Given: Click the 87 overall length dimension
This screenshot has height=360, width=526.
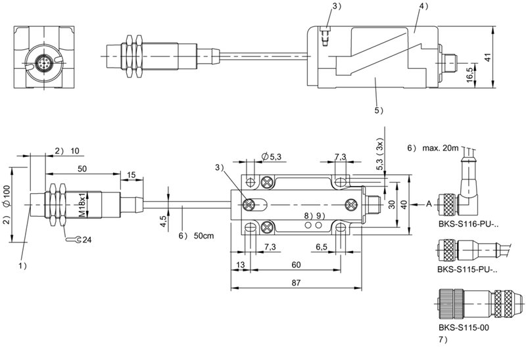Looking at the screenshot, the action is click(296, 282).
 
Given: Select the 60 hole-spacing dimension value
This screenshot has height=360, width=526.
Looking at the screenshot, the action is click(296, 265).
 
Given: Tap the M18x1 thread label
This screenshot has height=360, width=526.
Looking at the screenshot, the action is click(82, 204).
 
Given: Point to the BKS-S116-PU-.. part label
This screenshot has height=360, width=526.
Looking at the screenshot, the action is click(468, 224).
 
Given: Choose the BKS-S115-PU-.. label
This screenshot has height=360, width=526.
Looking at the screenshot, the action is click(467, 269).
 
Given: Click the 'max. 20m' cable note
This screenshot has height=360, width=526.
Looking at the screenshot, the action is click(440, 148).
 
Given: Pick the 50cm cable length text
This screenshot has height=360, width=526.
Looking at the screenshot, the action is click(204, 236).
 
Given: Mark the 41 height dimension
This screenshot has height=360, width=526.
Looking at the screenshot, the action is click(488, 57).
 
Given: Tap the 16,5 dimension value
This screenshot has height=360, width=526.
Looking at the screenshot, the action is click(469, 74).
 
